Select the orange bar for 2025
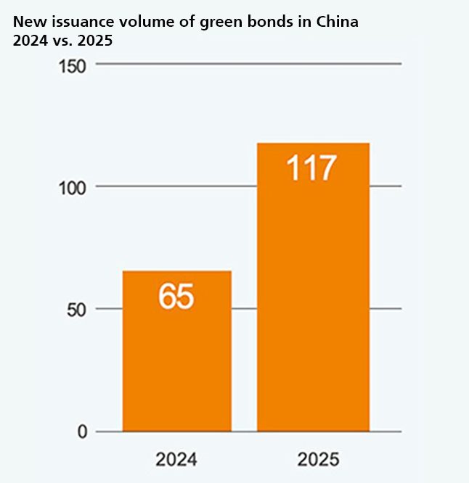click(x=313, y=305)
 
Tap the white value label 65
click(x=176, y=297)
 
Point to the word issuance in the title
click(x=72, y=22)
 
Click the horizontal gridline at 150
click(x=247, y=64)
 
